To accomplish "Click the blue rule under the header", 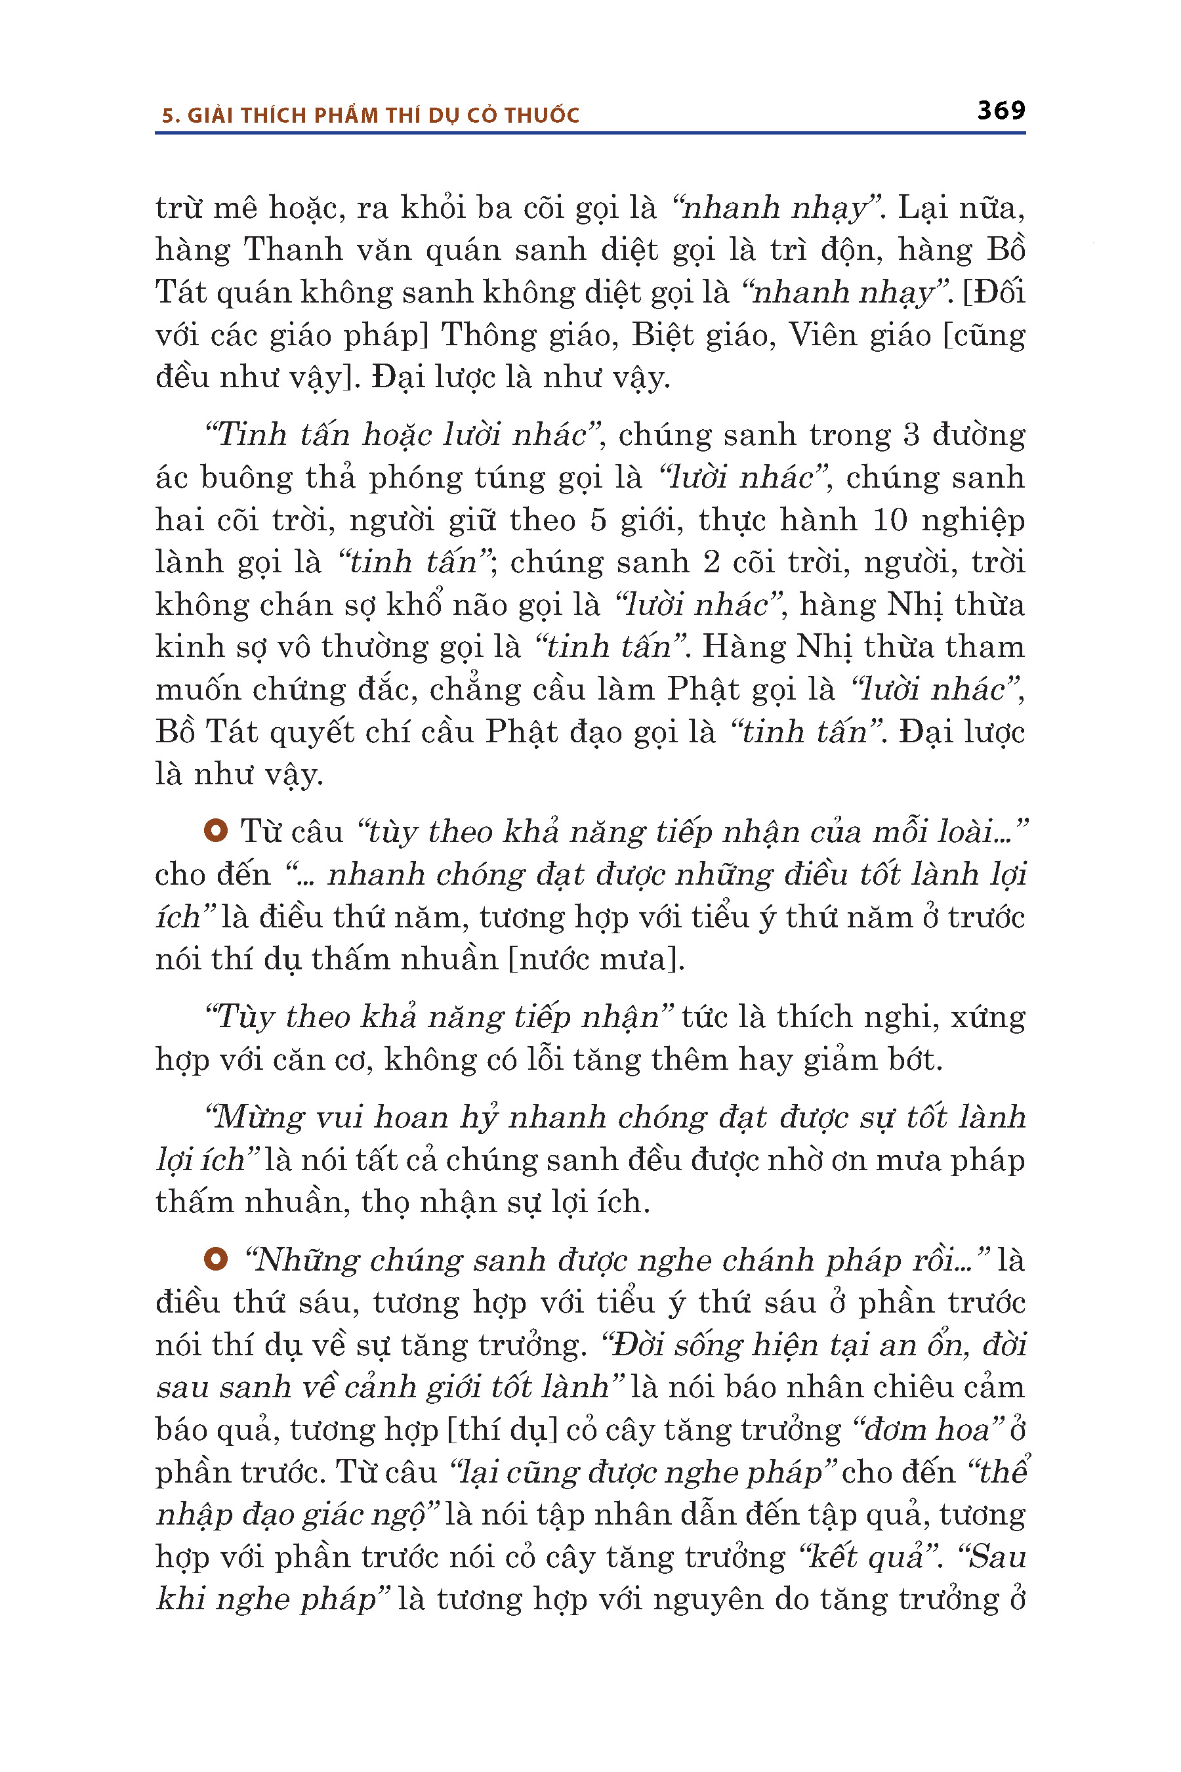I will click(590, 133).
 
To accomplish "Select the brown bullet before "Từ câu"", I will click(215, 830).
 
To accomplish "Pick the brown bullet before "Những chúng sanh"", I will click(215, 1259).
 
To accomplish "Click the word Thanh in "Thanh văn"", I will click(293, 249).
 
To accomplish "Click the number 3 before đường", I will click(911, 434).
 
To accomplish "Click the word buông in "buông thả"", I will click(245, 478).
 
